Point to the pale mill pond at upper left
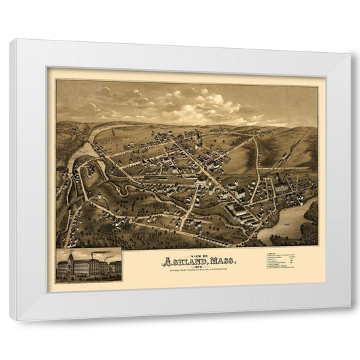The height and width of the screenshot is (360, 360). pos(86,148)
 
